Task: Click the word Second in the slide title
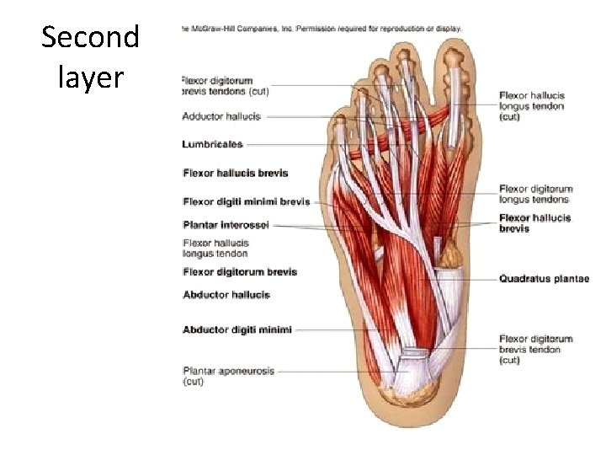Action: (x=90, y=38)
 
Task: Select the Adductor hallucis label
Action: (x=221, y=116)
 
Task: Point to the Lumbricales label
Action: (x=213, y=144)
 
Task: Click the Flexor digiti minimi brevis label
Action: (x=247, y=201)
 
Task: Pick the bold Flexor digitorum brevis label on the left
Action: (x=240, y=272)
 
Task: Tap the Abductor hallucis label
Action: (x=226, y=295)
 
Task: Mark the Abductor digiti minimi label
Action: (x=237, y=329)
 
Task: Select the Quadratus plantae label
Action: (x=544, y=279)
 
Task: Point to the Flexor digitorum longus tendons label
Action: (x=535, y=195)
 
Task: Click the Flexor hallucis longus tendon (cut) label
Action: (x=532, y=106)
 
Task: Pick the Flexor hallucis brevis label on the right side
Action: (x=534, y=223)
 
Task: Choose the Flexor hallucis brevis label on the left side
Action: (x=236, y=173)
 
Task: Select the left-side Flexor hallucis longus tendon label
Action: (x=215, y=248)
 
